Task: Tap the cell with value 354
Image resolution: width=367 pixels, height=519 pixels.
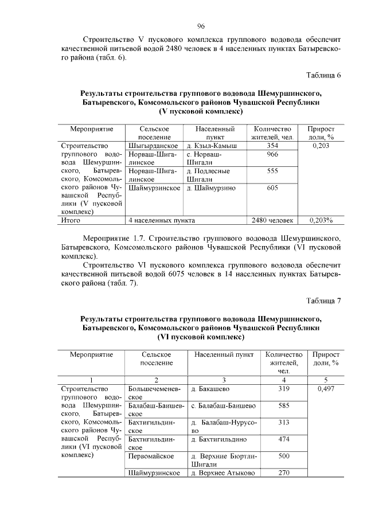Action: pos(272,146)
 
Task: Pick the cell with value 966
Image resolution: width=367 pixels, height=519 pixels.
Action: pos(272,155)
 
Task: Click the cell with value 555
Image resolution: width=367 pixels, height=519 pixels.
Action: pos(272,171)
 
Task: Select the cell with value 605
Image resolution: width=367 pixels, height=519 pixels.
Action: pos(272,188)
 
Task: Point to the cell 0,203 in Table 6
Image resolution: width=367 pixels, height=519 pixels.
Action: pos(321,146)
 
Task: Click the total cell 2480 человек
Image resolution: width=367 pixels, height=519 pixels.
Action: pos(272,220)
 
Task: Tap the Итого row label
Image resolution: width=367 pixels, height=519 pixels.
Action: pos(71,220)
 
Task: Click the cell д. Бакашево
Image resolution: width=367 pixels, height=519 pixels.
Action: pos(210,389)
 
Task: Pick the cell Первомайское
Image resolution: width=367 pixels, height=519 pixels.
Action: pos(151,456)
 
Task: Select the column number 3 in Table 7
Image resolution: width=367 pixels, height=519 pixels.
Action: pos(224,380)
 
